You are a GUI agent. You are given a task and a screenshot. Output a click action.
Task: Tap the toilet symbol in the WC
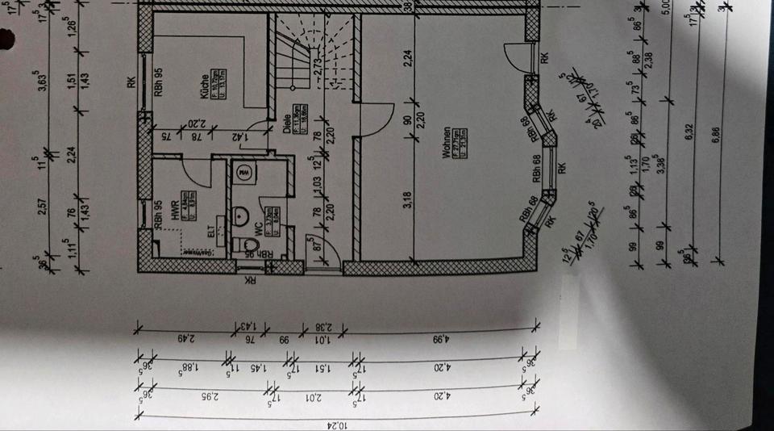(x=248, y=244)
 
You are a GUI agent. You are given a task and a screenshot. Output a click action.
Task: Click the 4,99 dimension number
(x=441, y=339)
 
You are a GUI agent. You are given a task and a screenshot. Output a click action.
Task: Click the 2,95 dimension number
(x=202, y=396)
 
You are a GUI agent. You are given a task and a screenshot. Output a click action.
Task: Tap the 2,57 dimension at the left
(x=52, y=207)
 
